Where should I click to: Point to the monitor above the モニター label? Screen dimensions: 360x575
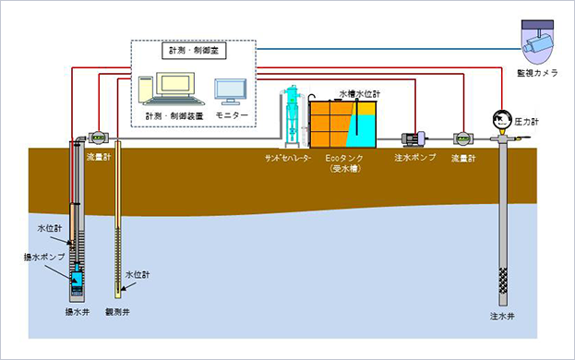(x=230, y=92)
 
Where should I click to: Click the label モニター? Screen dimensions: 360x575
(x=231, y=117)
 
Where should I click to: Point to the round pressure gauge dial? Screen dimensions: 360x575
(x=503, y=120)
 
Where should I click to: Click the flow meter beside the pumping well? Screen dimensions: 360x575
(x=96, y=137)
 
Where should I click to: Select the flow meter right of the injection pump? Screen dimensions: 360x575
(x=461, y=138)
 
